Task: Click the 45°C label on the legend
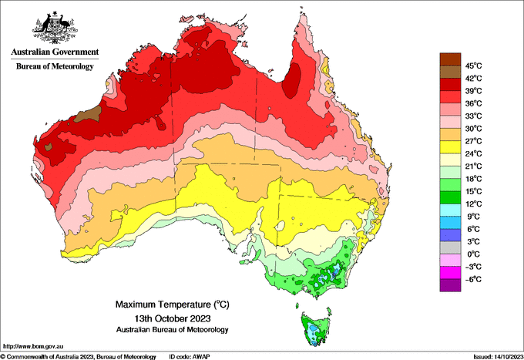click(x=474, y=66)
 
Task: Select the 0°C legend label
click(x=474, y=254)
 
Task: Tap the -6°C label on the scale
click(x=474, y=279)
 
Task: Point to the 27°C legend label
click(x=474, y=141)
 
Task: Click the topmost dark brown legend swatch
click(x=450, y=59)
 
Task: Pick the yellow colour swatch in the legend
click(x=450, y=147)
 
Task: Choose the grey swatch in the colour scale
click(x=450, y=247)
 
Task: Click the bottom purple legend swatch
click(x=450, y=285)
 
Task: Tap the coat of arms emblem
click(x=55, y=28)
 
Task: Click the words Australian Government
click(x=55, y=52)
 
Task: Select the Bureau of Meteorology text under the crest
click(x=55, y=66)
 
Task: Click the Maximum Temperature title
click(x=173, y=304)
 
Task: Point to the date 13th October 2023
click(x=173, y=318)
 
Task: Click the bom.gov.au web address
click(x=33, y=347)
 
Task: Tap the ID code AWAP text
click(x=190, y=357)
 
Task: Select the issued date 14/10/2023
click(x=499, y=357)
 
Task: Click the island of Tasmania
click(x=315, y=328)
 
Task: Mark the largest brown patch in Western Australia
click(x=88, y=115)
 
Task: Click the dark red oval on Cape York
click(x=291, y=80)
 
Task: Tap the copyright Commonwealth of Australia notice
click(x=78, y=357)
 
